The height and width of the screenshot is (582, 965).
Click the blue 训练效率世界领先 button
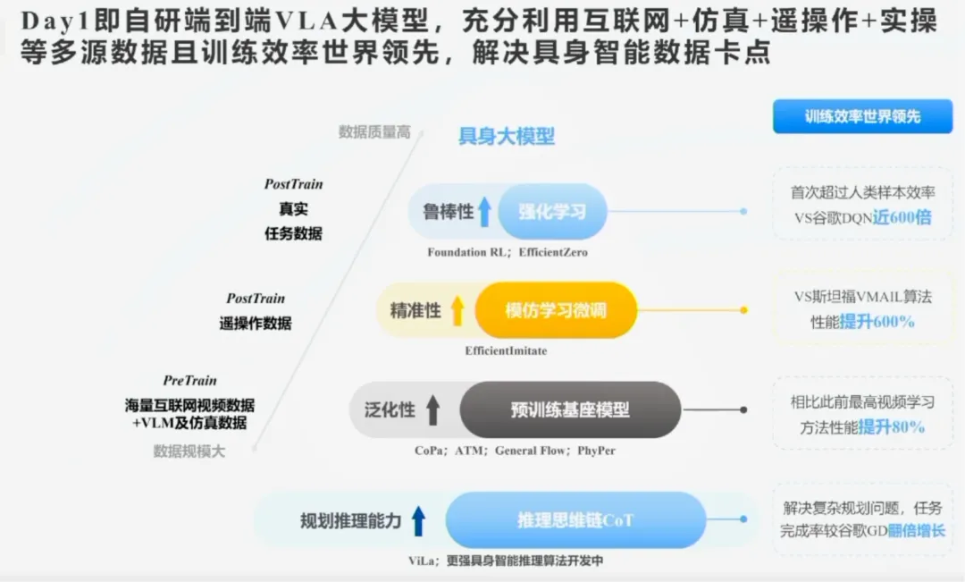pos(862,116)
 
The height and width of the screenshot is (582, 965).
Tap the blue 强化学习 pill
pos(552,212)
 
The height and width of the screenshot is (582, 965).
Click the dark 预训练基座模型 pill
pos(570,409)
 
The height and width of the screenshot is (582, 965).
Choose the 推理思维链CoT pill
pos(575,520)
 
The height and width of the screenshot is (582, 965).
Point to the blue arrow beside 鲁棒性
pos(485,212)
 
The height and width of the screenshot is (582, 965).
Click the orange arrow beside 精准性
pos(457,310)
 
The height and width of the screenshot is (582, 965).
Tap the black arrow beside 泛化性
pos(432,409)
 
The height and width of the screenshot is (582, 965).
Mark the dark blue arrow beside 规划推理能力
pos(418,520)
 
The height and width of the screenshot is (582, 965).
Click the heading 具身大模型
pos(506,136)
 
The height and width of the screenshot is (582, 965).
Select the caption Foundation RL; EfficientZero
pos(508,252)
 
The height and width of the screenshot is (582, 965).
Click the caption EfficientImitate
pos(506,350)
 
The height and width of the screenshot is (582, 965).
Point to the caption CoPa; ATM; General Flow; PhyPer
pos(516,451)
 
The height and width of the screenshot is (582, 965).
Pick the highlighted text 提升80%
pos(892,427)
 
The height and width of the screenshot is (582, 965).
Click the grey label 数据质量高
pos(374,131)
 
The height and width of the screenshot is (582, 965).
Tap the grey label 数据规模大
pos(189,451)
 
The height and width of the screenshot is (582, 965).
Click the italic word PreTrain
pos(189,381)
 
